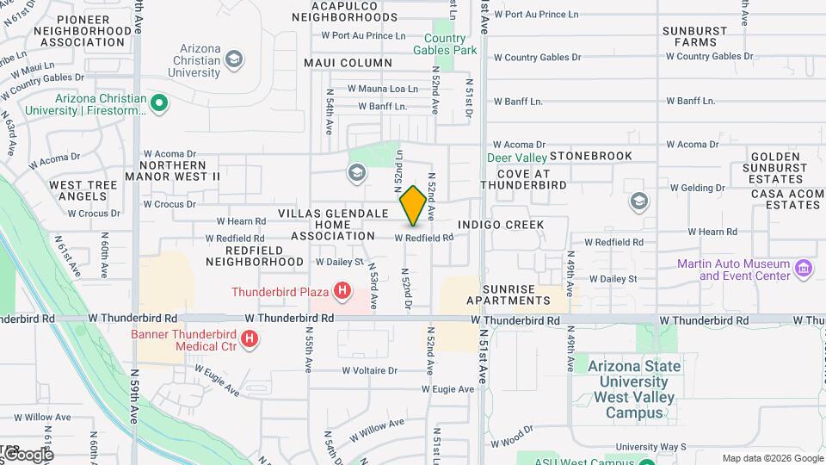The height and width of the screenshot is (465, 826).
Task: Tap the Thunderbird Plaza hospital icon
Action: pyautogui.click(x=342, y=291)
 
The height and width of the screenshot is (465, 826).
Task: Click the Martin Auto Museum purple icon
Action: pyautogui.click(x=804, y=269)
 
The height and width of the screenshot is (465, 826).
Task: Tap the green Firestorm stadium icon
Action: pyautogui.click(x=158, y=104)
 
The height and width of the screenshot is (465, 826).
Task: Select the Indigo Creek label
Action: pyautogui.click(x=502, y=225)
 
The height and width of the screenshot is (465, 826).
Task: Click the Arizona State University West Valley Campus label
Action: pyautogui.click(x=634, y=389)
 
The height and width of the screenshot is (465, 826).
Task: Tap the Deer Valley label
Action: pyautogui.click(x=517, y=158)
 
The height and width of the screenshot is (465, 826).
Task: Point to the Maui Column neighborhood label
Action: pyautogui.click(x=348, y=63)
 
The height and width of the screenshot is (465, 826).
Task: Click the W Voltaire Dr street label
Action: pyautogui.click(x=370, y=371)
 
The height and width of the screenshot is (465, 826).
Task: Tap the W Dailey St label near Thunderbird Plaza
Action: pyautogui.click(x=341, y=261)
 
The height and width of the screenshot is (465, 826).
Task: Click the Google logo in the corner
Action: pyautogui.click(x=28, y=454)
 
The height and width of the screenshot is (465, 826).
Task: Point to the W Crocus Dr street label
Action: pyautogui.click(x=170, y=205)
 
